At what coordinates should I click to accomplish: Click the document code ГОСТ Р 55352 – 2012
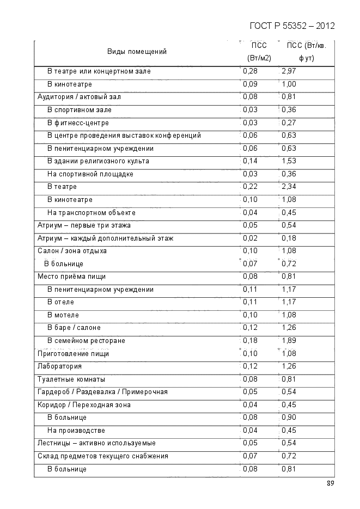click(x=292, y=26)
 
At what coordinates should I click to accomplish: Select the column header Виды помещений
click(x=137, y=52)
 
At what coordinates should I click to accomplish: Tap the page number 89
click(x=331, y=483)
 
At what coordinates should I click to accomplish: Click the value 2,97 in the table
click(x=289, y=71)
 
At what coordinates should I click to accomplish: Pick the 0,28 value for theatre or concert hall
click(x=250, y=71)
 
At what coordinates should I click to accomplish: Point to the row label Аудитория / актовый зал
click(x=79, y=97)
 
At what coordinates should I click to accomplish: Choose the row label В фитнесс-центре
click(x=78, y=122)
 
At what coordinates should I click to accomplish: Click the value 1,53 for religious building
click(x=289, y=161)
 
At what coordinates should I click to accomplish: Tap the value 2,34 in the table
click(x=289, y=187)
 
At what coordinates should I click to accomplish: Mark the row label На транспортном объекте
click(x=91, y=212)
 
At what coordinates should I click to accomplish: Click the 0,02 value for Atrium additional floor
click(x=250, y=238)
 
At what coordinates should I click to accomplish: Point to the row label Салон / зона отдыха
click(x=72, y=251)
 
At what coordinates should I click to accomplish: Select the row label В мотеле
click(x=63, y=315)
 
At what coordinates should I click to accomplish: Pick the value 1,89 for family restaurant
click(x=289, y=341)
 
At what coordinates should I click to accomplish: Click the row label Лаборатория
click(x=59, y=366)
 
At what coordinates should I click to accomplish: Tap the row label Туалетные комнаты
click(x=71, y=379)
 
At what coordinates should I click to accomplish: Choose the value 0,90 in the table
click(x=289, y=418)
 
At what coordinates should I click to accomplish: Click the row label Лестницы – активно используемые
click(x=96, y=443)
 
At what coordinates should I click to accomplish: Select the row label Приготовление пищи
click(x=73, y=353)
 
